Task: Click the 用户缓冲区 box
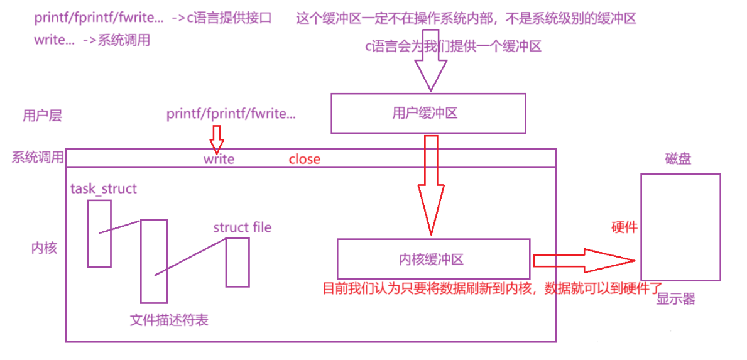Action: click(428, 113)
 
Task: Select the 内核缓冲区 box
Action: click(433, 259)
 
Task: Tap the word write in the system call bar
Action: click(219, 159)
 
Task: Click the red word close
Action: click(305, 159)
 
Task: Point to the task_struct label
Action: click(104, 188)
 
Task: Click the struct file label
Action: click(243, 227)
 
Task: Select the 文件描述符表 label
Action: click(169, 320)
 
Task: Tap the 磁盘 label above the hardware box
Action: click(678, 159)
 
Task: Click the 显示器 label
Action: click(676, 299)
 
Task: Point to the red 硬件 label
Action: click(624, 227)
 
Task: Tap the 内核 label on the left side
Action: click(44, 248)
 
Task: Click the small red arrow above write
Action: click(217, 138)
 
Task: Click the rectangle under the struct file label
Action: click(237, 262)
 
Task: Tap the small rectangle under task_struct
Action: click(99, 233)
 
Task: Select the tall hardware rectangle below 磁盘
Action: click(680, 227)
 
